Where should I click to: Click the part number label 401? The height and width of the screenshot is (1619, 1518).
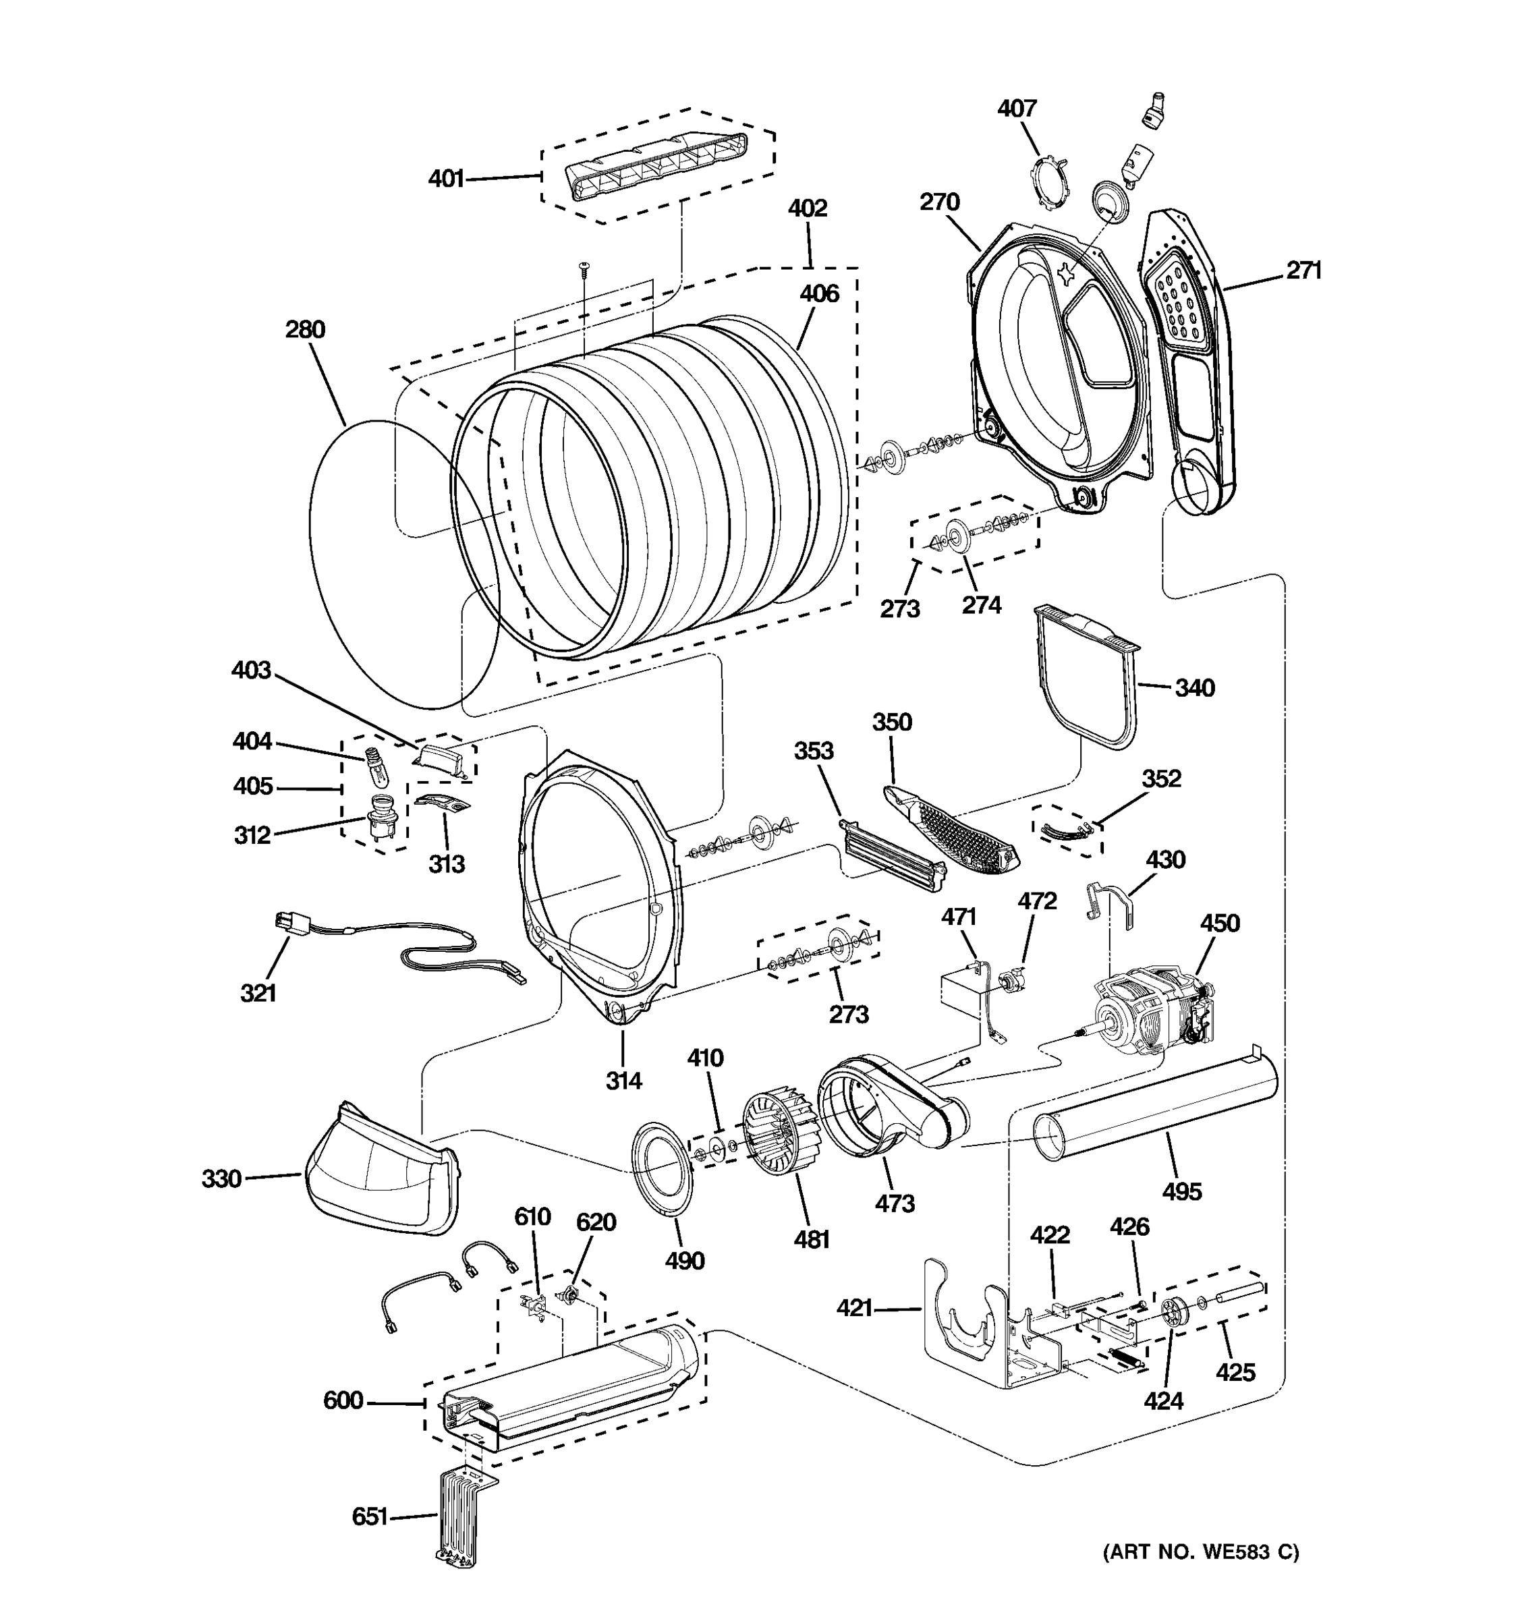click(446, 177)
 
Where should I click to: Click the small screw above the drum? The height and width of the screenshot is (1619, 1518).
click(584, 268)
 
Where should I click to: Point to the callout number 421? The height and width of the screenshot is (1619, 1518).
click(854, 1308)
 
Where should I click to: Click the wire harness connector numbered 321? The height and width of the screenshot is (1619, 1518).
click(287, 924)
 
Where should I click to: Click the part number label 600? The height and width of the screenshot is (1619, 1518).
click(343, 1400)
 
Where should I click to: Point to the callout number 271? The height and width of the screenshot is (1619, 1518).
click(1303, 271)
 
